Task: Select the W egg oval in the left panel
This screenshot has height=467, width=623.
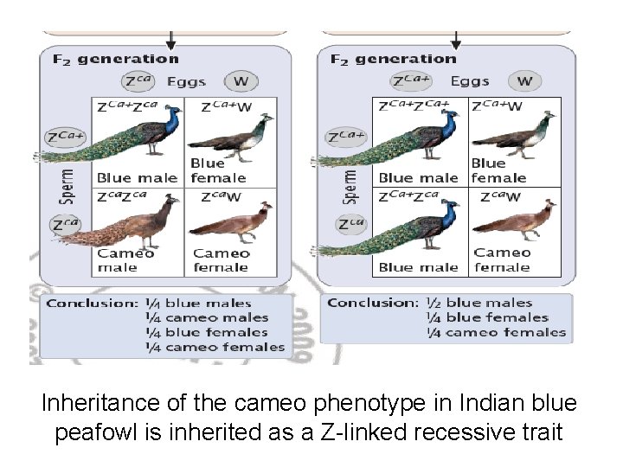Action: tap(240, 82)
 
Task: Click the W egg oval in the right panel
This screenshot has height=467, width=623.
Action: tap(525, 82)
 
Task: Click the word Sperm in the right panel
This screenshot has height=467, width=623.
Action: tap(352, 185)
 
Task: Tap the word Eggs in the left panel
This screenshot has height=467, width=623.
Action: tap(186, 82)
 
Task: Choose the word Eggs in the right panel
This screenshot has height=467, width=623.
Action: tap(471, 82)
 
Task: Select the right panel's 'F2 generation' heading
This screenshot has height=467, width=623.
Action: tap(394, 59)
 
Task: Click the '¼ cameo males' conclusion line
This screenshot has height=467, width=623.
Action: tap(216, 317)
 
